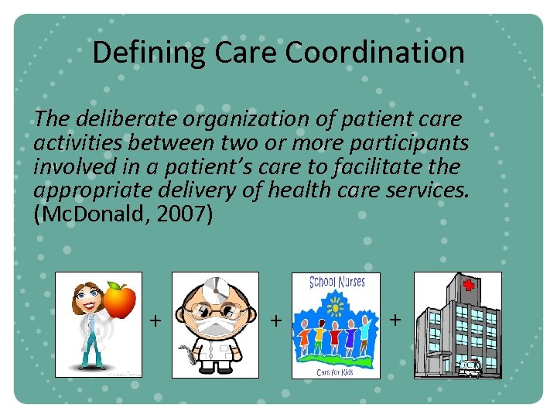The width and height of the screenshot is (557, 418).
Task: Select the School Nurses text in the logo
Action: (337, 283)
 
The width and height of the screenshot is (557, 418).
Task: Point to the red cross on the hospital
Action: (468, 285)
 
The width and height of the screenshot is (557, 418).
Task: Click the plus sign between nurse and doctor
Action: (155, 320)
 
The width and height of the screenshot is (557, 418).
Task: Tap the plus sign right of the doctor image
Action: (275, 319)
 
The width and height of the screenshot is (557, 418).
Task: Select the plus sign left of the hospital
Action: (395, 319)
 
